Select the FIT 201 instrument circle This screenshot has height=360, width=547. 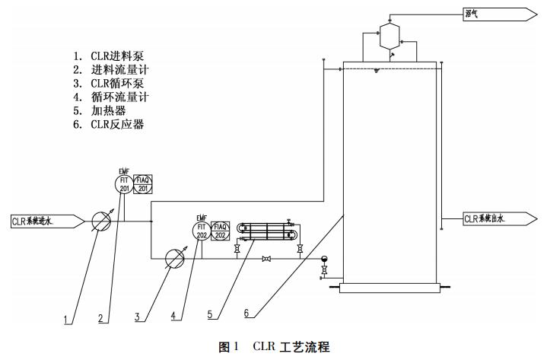click(124, 184)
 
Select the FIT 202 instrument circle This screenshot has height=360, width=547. click(202, 230)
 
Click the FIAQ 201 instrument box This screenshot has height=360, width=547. click(142, 184)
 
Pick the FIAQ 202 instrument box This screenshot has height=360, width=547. click(220, 230)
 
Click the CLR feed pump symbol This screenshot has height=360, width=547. click(102, 221)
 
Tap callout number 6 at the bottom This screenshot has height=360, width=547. click(246, 313)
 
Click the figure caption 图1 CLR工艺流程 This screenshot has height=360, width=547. click(274, 347)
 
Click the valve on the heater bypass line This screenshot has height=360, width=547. click(266, 260)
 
